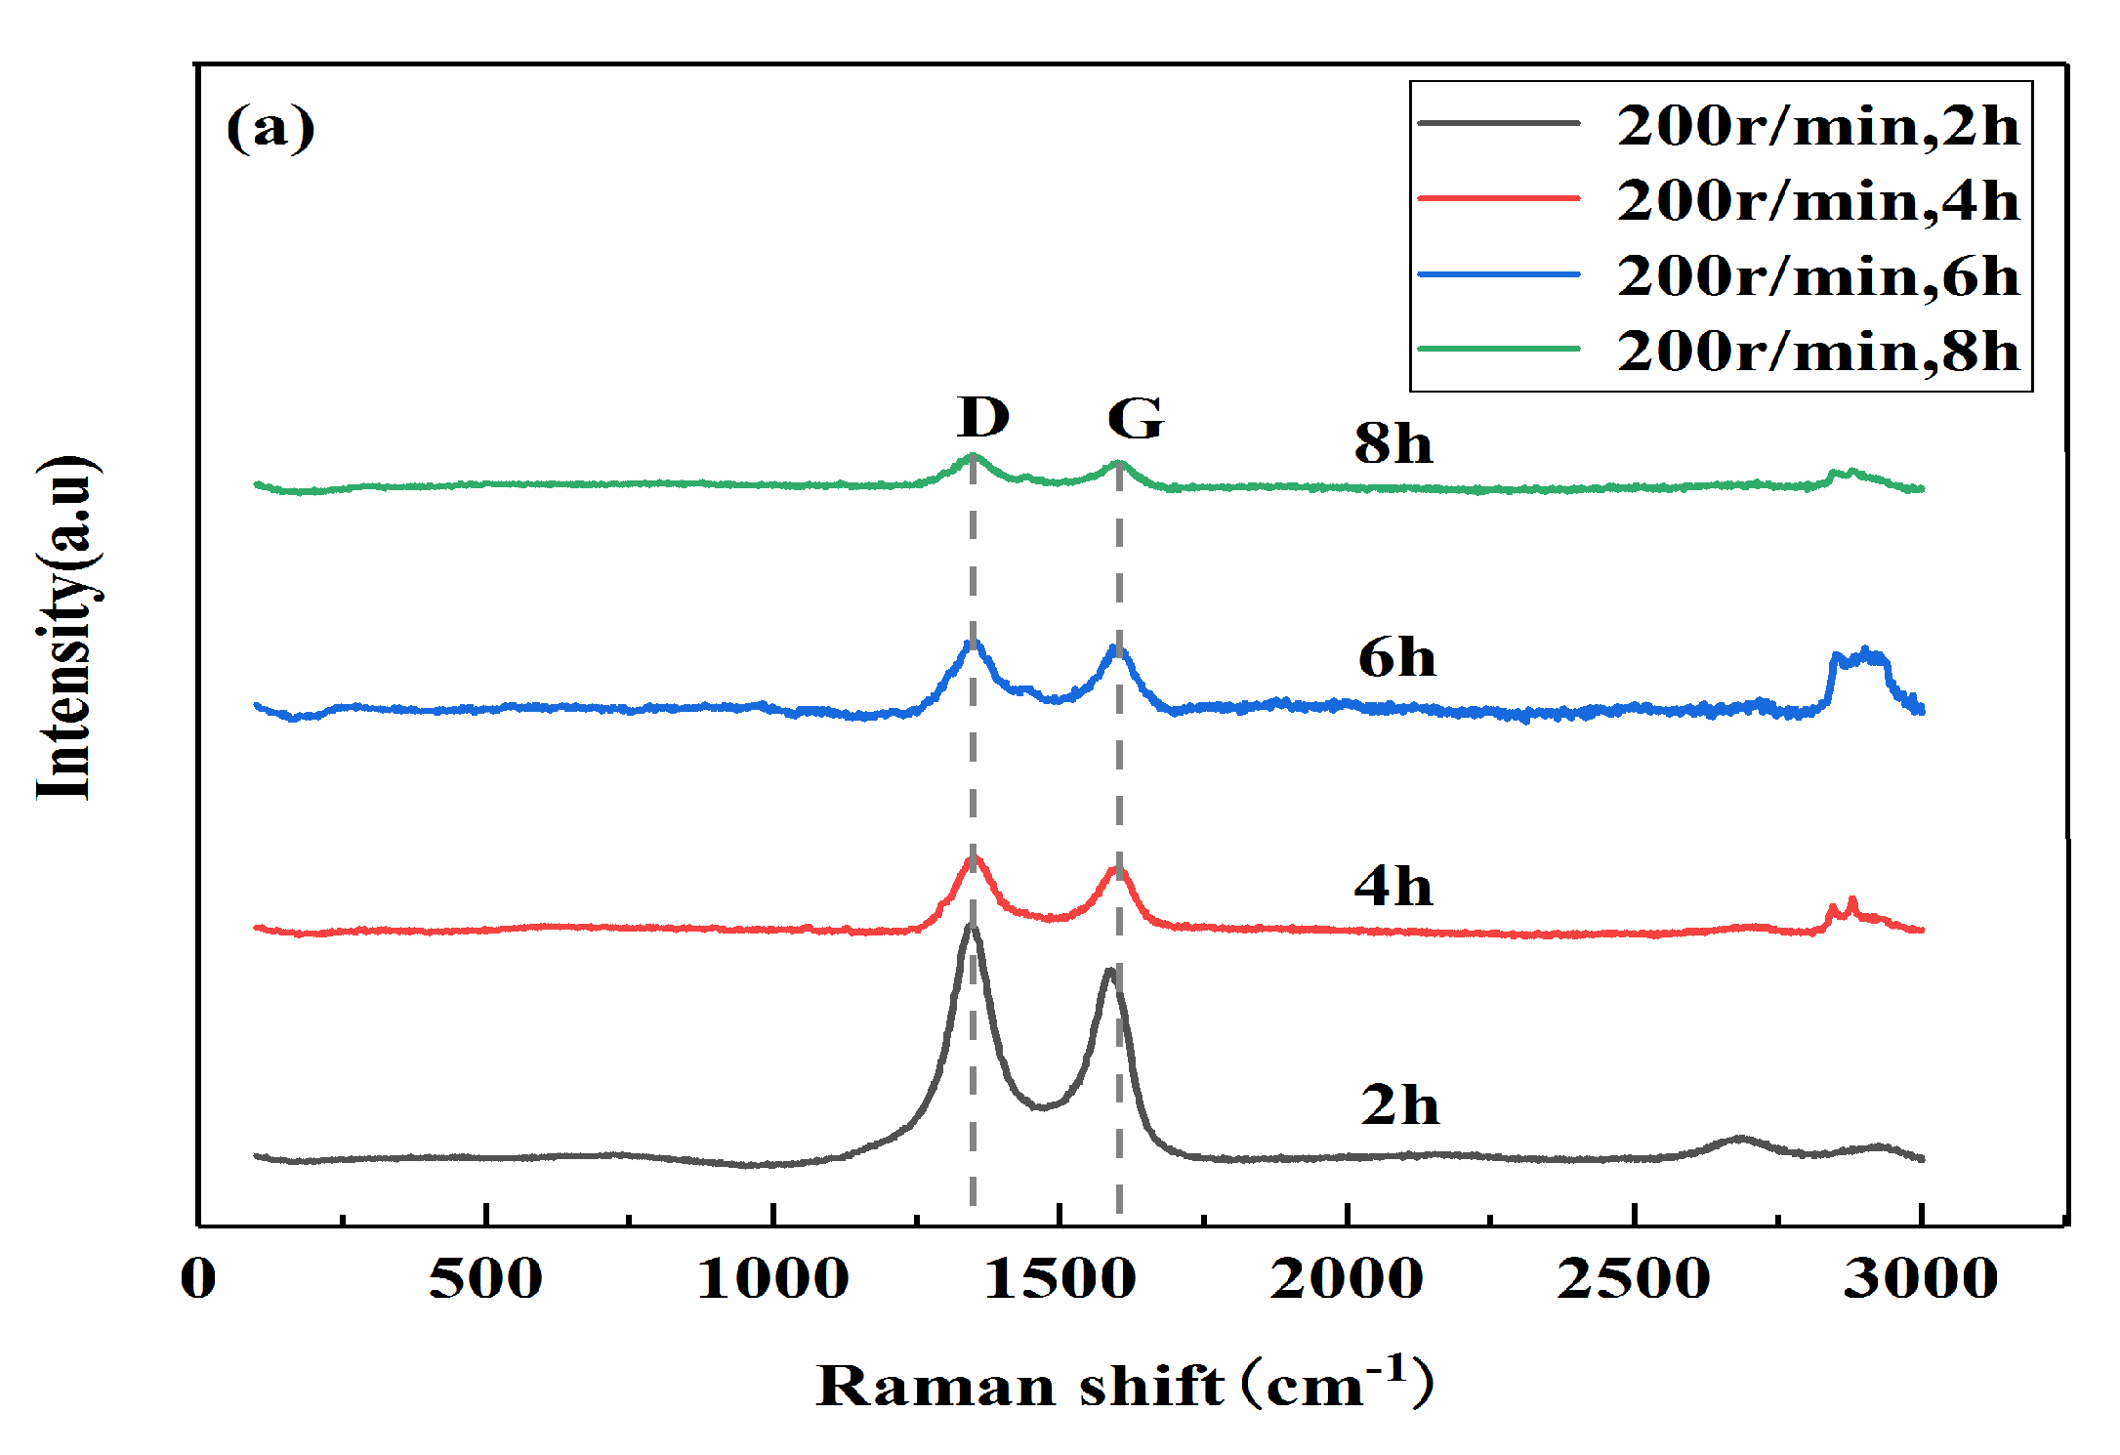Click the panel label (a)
(270, 128)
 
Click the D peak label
(982, 418)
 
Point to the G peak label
(1135, 419)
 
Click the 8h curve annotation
(1393, 444)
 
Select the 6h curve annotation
(1396, 658)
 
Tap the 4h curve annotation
(1393, 887)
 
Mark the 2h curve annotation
(1399, 1105)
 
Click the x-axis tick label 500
(485, 1278)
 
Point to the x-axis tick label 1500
(1060, 1278)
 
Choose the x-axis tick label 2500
(1633, 1278)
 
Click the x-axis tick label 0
(198, 1278)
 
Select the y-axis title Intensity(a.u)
(66, 627)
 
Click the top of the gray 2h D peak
(971, 925)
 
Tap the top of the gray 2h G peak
(1109, 970)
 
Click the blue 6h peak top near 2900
(1866, 650)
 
